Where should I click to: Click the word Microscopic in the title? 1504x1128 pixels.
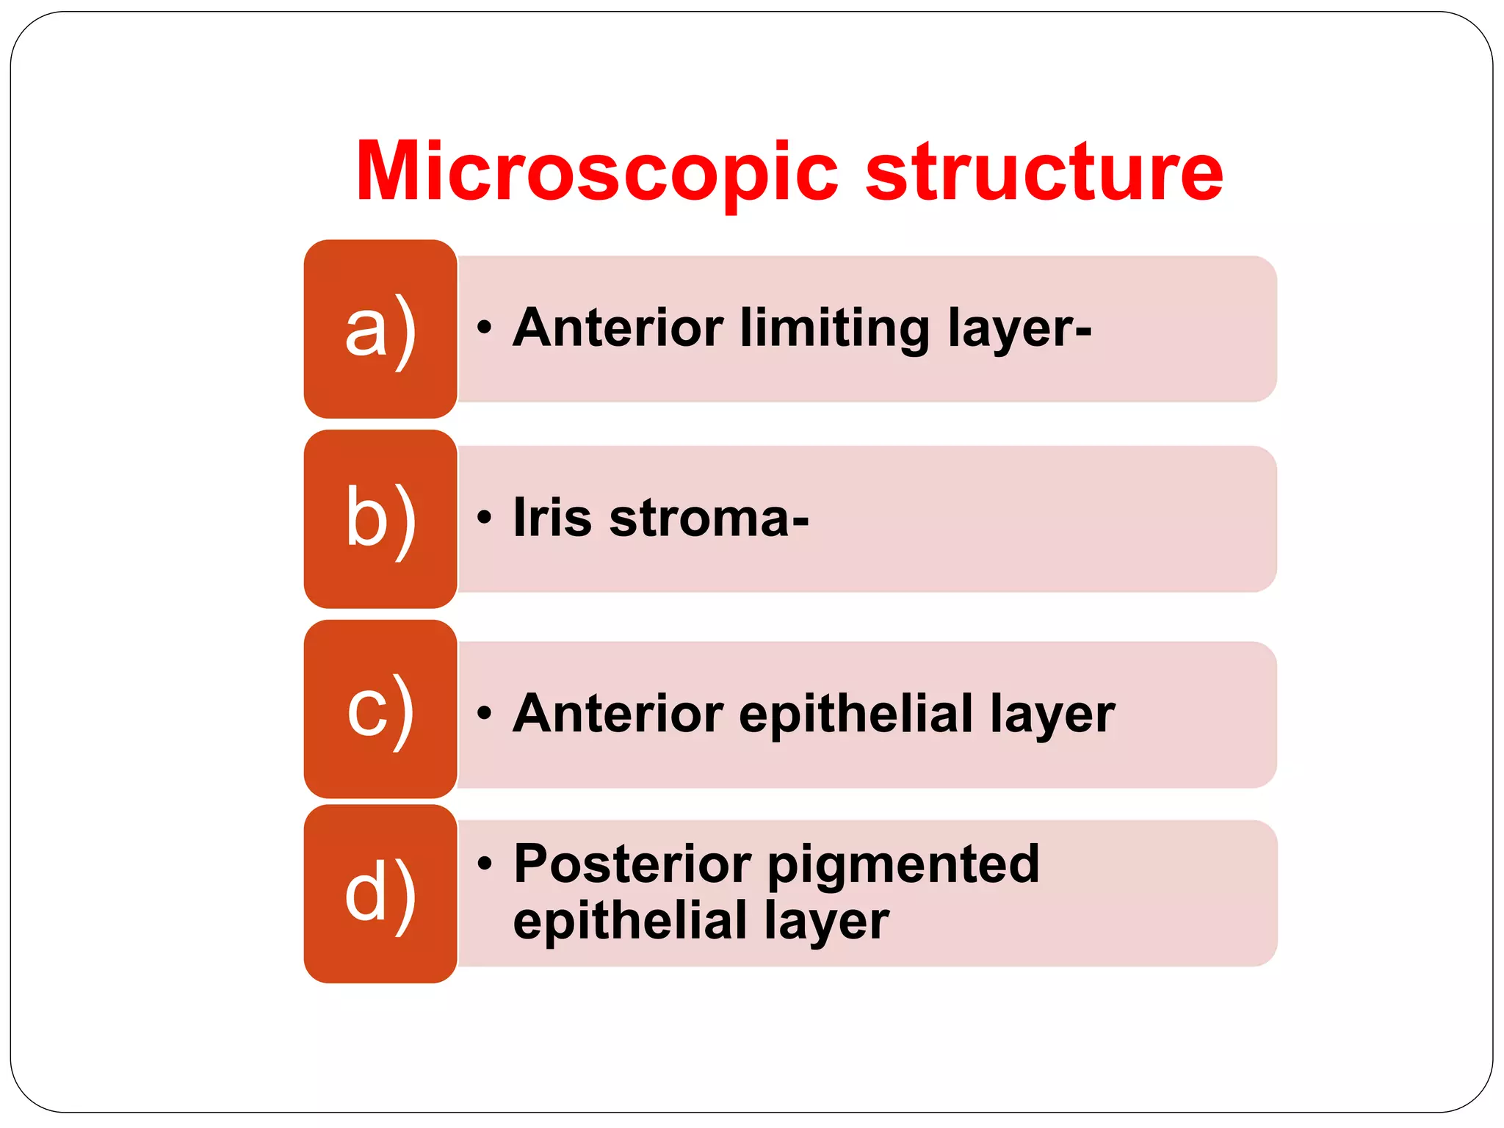point(596,172)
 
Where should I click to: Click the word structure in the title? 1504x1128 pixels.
point(1044,172)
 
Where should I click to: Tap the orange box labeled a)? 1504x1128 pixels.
point(380,329)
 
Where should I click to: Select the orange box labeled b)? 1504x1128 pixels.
point(380,518)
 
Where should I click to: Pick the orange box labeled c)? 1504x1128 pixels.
point(380,709)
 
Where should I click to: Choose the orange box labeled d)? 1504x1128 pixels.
point(380,894)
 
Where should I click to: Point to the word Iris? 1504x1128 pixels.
point(552,518)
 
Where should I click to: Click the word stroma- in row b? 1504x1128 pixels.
point(709,518)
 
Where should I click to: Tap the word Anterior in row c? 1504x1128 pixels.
point(618,713)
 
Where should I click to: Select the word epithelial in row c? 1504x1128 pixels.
point(856,713)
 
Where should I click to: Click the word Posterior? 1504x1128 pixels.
point(632,864)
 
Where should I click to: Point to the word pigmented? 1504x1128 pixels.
point(903,865)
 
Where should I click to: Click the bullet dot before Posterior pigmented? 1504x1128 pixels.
point(483,863)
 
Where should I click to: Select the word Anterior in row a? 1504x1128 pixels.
point(618,328)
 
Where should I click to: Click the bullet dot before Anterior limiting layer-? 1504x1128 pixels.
point(483,328)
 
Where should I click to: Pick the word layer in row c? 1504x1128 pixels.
point(1052,715)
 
